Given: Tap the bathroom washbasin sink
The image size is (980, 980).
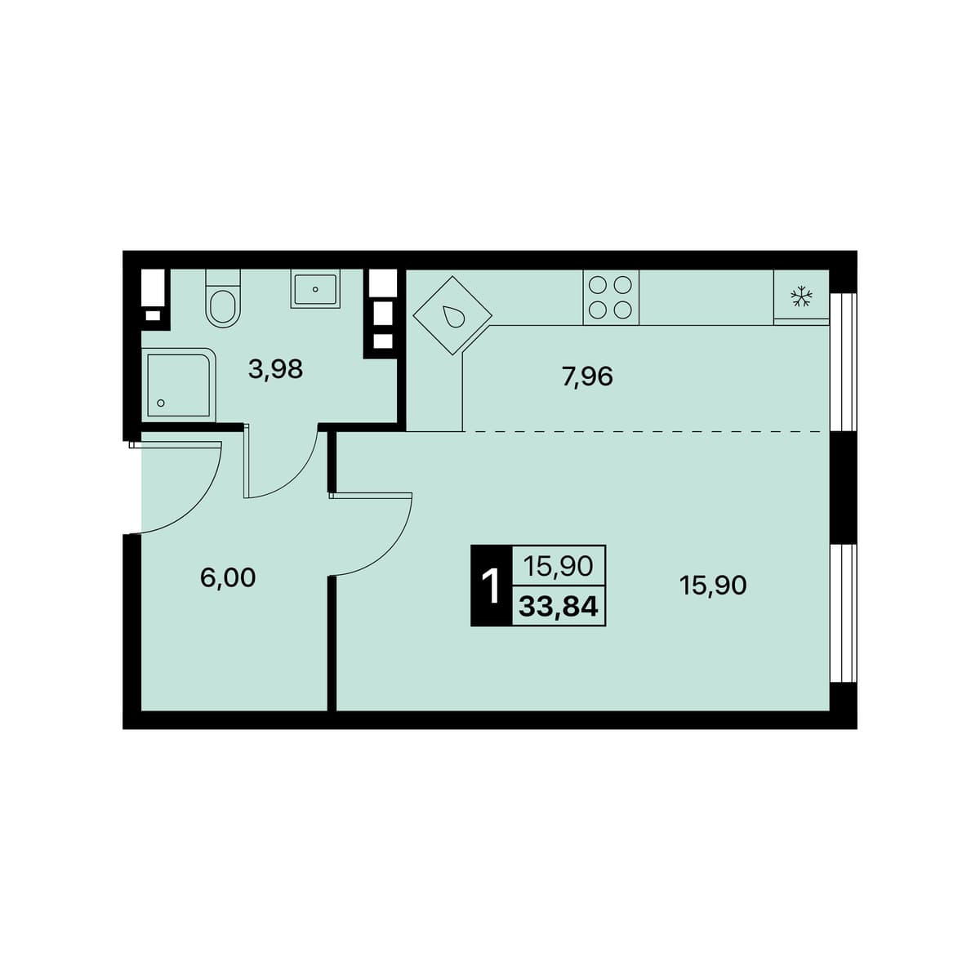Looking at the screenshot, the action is pos(315,289).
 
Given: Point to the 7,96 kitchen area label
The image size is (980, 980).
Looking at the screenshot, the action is pos(588,376).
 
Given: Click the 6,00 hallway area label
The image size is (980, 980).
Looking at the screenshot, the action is pos(228,578).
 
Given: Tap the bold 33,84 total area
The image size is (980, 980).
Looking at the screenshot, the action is pos(558,606).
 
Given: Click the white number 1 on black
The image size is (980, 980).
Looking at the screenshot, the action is pos(492,586).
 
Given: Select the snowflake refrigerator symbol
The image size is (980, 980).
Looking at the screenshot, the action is pos(801,296).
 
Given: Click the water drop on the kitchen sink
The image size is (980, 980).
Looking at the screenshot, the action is pos(452,316).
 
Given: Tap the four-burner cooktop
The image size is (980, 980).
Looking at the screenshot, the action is pos(611,297).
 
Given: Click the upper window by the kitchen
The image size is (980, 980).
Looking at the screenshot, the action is pos(843,362).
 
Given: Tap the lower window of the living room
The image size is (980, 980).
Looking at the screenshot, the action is pos(843,613).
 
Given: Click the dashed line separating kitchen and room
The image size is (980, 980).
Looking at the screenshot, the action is pos(646,431).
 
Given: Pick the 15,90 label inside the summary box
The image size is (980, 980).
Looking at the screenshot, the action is pos(558,566).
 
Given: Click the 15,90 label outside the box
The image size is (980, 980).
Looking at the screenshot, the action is pos(713,586).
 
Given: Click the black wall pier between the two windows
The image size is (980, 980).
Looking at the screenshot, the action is pos(843,488).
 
